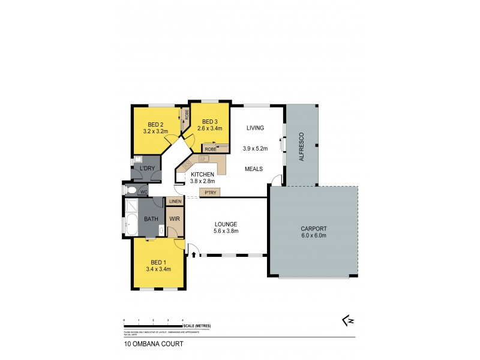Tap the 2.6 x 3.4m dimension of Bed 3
tap(209, 128)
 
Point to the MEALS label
tap(254, 169)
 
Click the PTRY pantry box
tap(210, 193)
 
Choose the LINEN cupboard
tap(175, 202)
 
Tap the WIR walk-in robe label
tap(175, 220)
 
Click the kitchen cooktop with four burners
tap(188, 164)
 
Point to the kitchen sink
tap(203, 159)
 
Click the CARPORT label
tap(313, 229)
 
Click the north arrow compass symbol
tap(347, 322)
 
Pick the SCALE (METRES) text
tap(197, 326)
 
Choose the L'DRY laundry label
tap(146, 169)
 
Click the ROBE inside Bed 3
tap(210, 148)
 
